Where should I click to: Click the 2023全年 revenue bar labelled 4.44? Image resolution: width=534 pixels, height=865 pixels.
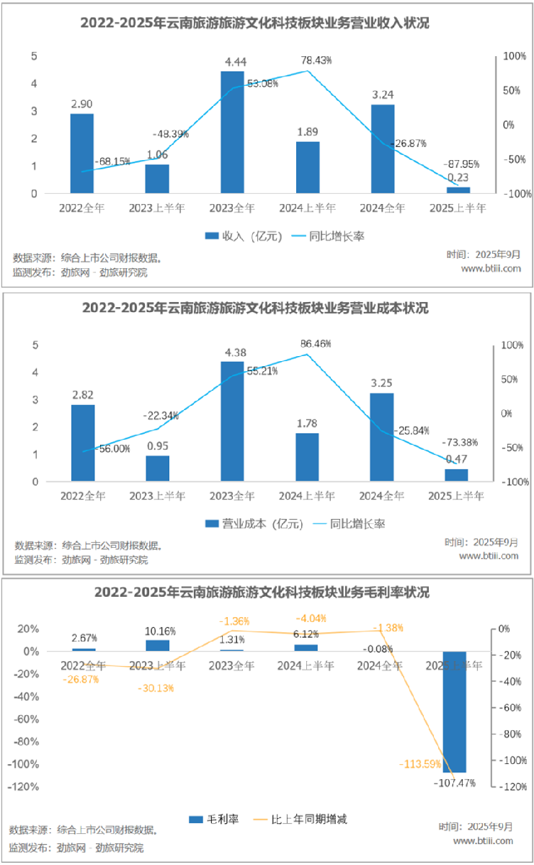click(232, 132)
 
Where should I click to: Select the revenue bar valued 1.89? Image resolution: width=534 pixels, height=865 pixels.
click(308, 167)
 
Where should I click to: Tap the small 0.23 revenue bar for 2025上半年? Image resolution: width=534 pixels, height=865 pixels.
click(458, 190)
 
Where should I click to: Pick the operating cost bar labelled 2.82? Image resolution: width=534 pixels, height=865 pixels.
click(83, 443)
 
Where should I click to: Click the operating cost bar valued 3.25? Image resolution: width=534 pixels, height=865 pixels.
click(382, 437)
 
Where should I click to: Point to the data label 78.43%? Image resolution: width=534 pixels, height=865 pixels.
click(317, 61)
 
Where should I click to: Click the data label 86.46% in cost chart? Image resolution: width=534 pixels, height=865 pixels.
click(316, 345)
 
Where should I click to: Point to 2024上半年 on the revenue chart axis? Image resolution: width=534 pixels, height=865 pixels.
click(308, 208)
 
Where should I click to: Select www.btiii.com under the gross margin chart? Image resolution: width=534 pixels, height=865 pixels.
click(483, 840)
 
